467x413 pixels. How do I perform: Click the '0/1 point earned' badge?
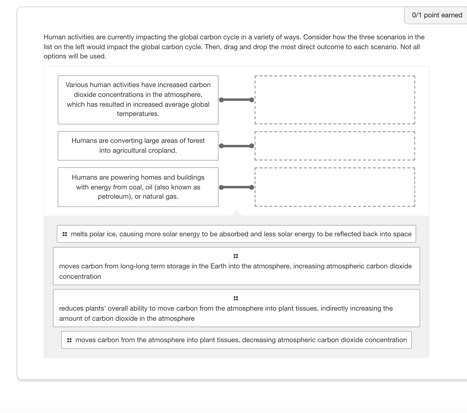coord(437,15)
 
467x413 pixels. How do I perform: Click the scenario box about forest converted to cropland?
coord(138,146)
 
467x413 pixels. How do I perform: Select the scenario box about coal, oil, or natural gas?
coord(138,187)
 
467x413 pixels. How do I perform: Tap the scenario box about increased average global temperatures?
coord(138,100)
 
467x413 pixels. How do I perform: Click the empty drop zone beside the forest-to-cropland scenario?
coord(335,146)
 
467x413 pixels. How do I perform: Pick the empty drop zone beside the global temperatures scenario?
coord(335,100)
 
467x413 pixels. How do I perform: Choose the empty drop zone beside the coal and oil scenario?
coord(335,187)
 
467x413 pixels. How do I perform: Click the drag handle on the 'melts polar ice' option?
coord(65,234)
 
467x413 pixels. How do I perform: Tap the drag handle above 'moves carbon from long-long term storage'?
coord(236,256)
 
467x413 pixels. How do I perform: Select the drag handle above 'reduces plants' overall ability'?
coord(236,298)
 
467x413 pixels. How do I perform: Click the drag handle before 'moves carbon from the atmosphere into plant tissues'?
coord(69,340)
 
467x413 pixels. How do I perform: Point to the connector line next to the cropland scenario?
coord(236,146)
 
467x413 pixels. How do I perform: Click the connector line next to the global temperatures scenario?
coord(236,100)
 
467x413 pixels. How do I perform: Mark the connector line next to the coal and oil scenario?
coord(236,187)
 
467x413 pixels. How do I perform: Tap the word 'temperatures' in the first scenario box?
coord(138,114)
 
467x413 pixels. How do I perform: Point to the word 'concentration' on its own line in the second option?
coord(80,276)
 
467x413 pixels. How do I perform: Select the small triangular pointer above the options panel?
coord(236,213)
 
